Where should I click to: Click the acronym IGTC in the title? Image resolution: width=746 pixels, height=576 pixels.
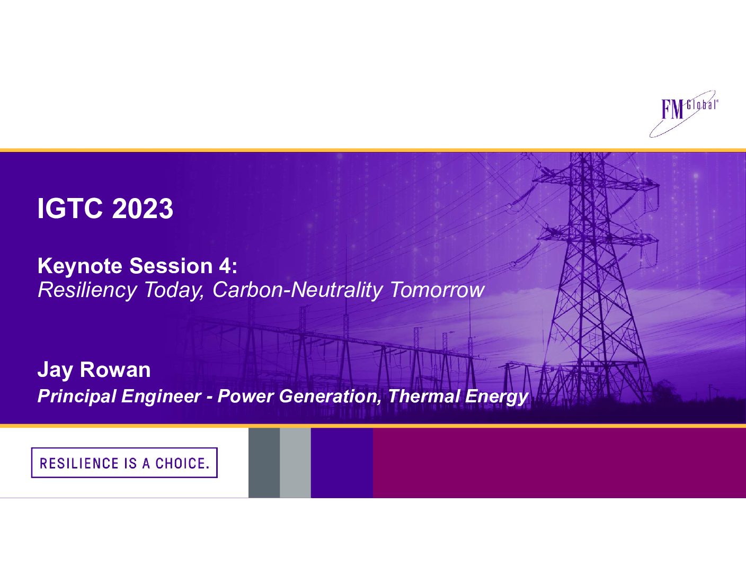pyautogui.click(x=70, y=208)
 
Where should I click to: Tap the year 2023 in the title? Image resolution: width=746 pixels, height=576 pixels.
pyautogui.click(x=143, y=208)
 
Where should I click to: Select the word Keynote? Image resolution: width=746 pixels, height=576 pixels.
pyautogui.click(x=80, y=266)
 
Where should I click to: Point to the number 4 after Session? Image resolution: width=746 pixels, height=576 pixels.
pyautogui.click(x=224, y=266)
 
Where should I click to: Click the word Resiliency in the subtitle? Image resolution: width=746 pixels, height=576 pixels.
pyautogui.click(x=87, y=291)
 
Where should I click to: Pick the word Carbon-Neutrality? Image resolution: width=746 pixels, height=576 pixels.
pyautogui.click(x=297, y=290)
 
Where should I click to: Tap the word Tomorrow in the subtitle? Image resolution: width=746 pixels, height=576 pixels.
pyautogui.click(x=437, y=290)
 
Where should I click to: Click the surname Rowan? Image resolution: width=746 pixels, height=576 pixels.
pyautogui.click(x=115, y=370)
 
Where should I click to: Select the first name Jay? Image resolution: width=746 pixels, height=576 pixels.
pyautogui.click(x=55, y=371)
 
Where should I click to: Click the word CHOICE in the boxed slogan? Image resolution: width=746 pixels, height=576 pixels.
pyautogui.click(x=182, y=463)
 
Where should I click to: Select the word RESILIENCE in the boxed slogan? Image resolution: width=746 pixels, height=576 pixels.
pyautogui.click(x=79, y=463)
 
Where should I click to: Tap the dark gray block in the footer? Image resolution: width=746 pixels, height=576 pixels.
pyautogui.click(x=264, y=463)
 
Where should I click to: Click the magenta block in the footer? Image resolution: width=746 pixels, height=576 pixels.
pyautogui.click(x=559, y=463)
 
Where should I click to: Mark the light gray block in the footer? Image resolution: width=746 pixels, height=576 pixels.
pyautogui.click(x=295, y=463)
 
